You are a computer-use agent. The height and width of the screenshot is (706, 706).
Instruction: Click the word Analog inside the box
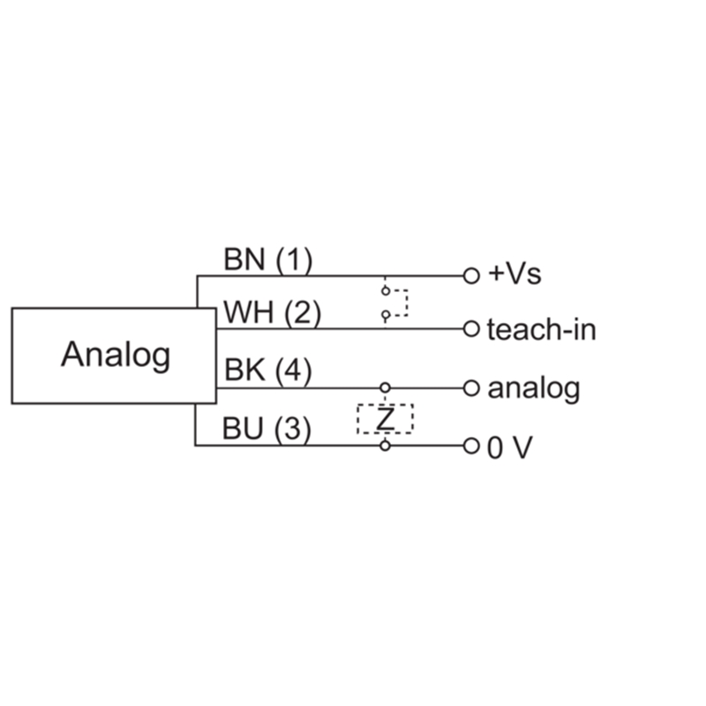(116, 355)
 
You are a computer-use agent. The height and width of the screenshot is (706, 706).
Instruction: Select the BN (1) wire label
(267, 259)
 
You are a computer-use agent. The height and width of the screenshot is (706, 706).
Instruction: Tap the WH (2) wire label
(272, 313)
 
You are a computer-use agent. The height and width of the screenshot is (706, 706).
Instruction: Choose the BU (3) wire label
(267, 430)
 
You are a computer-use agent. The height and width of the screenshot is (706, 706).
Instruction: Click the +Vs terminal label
(514, 274)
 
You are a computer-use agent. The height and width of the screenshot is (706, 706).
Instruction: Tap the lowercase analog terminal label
(533, 388)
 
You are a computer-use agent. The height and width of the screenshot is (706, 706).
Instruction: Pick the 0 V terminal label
(510, 447)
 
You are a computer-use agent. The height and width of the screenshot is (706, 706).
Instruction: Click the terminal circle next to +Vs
(471, 275)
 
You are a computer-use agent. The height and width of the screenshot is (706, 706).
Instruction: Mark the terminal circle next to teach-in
(471, 329)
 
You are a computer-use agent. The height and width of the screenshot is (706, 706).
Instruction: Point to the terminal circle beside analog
(471, 387)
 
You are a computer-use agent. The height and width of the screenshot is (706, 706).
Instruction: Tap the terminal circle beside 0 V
(471, 446)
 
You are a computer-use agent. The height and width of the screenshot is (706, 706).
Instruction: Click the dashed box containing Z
(385, 418)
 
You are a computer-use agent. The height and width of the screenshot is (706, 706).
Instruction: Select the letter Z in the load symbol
(385, 418)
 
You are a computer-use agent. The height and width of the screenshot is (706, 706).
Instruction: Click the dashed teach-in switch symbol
(394, 301)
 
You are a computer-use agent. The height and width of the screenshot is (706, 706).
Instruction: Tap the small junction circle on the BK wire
(385, 387)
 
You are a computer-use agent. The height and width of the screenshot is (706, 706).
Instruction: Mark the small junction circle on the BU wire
(385, 446)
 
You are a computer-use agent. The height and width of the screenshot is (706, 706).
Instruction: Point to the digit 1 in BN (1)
(294, 259)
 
